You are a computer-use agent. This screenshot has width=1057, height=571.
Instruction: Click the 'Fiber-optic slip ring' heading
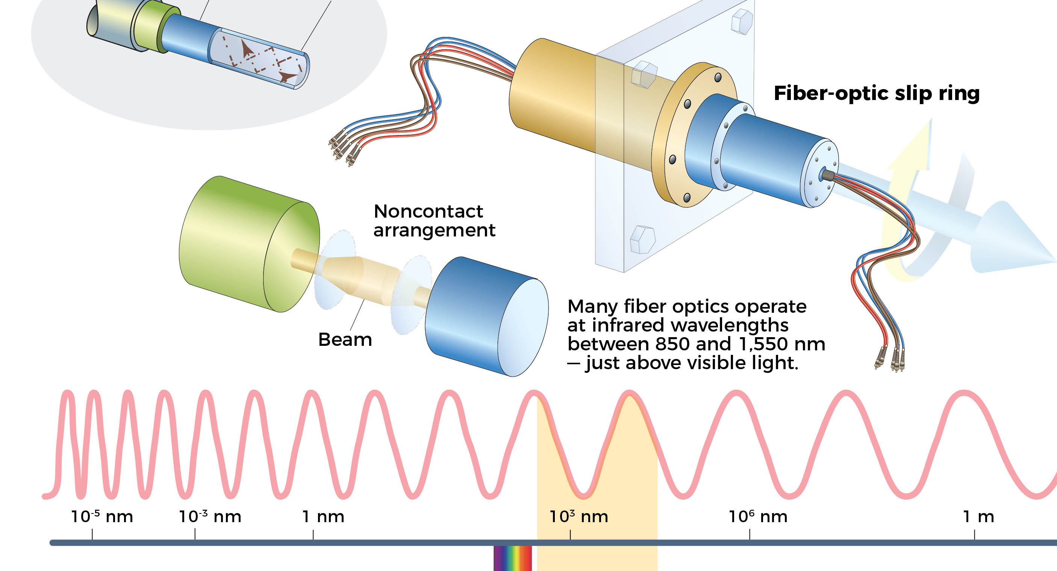pos(877,94)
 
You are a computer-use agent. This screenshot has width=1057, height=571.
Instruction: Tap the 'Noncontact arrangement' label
pos(434,221)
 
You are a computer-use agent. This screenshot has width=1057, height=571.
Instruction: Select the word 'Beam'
pos(345,340)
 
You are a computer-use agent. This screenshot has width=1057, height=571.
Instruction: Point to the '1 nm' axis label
pos(323,516)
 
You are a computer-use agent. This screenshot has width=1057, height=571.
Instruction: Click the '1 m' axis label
pos(978,516)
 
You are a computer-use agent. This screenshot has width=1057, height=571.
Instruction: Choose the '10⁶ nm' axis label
pos(758,516)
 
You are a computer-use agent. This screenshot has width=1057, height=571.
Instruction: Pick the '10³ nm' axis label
pos(578,516)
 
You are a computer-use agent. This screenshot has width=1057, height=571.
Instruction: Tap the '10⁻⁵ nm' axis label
pos(102,516)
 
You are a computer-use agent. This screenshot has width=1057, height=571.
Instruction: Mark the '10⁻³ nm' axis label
pos(210,516)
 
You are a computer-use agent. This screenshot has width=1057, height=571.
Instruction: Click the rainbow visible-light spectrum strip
pos(512,558)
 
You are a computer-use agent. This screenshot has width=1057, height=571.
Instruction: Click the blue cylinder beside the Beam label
pos(484,316)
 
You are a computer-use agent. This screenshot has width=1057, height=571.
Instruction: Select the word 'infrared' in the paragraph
pos(631,325)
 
